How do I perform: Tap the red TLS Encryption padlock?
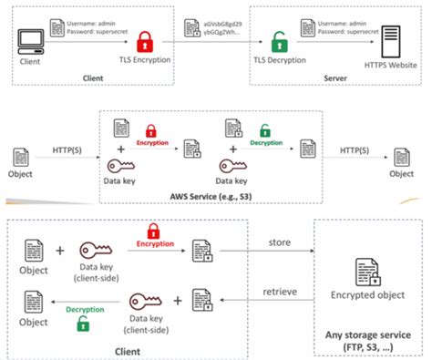coord(145,41)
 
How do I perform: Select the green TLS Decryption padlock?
coord(279,42)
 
